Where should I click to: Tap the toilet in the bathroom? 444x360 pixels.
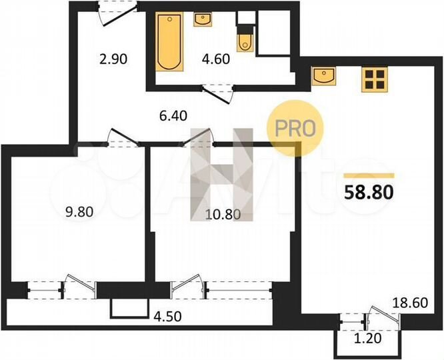click(x=245, y=39)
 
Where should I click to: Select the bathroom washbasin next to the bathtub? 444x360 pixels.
click(x=203, y=19)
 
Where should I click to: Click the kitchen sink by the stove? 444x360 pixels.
click(x=323, y=77)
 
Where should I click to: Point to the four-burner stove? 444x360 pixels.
click(x=375, y=79)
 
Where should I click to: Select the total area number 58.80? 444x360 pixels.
click(x=369, y=193)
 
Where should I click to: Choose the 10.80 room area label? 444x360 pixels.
click(x=219, y=214)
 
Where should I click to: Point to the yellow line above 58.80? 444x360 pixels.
click(x=369, y=175)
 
